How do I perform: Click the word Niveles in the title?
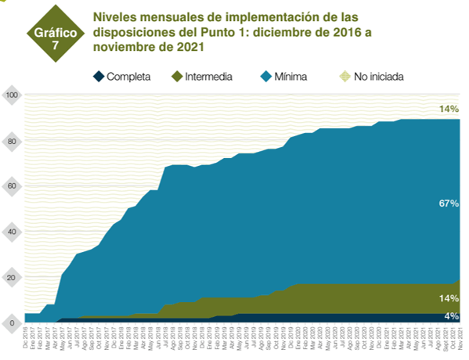(115, 16)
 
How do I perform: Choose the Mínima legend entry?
(290, 76)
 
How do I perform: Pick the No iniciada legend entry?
(379, 76)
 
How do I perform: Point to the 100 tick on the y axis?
(12, 96)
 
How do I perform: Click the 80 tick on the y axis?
(12, 142)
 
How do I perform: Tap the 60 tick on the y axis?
(12, 187)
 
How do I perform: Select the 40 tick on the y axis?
(12, 232)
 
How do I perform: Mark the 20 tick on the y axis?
(12, 278)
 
